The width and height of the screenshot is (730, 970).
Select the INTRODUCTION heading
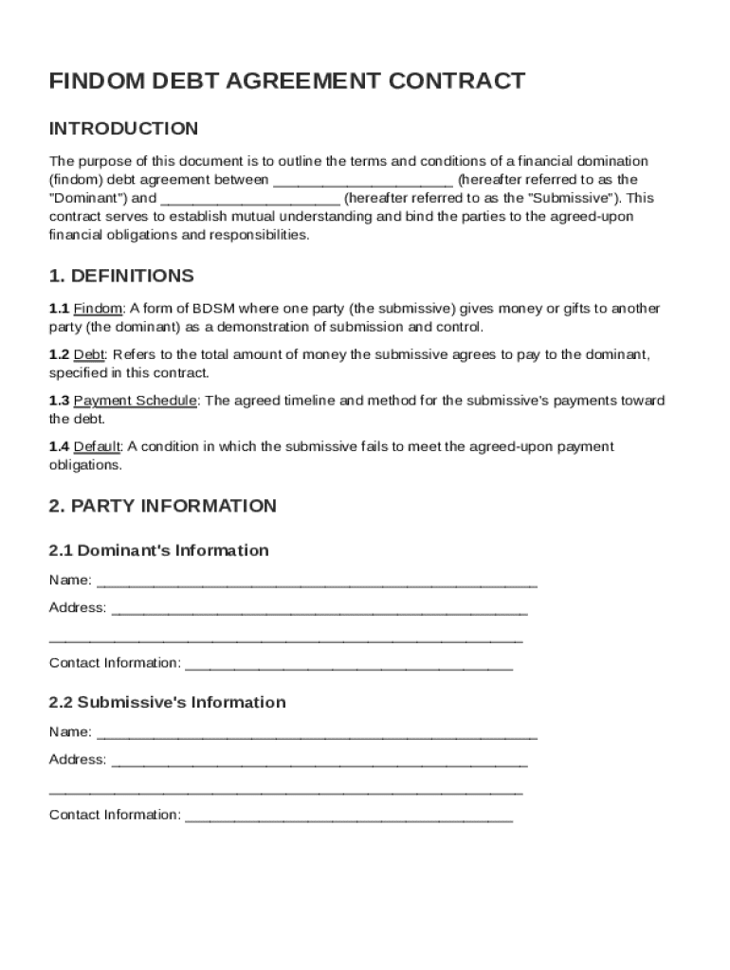[x=123, y=129]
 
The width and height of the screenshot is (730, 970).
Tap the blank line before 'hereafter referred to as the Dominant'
[x=363, y=180]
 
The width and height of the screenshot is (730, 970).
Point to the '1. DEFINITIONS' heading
[x=121, y=277]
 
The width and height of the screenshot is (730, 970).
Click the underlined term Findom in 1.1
[x=98, y=309]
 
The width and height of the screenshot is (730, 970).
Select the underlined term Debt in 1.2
[x=90, y=355]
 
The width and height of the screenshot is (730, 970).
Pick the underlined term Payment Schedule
[x=135, y=401]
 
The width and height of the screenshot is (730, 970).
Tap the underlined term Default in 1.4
[x=97, y=447]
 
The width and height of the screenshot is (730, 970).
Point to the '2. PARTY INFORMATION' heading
[x=162, y=506]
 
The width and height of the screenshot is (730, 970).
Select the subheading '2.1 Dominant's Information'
[x=158, y=550]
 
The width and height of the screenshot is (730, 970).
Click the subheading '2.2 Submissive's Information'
[x=167, y=702]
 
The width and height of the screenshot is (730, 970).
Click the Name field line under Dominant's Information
[x=317, y=582]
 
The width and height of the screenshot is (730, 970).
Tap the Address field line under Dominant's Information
[x=319, y=609]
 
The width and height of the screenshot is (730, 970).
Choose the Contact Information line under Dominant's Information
[x=348, y=664]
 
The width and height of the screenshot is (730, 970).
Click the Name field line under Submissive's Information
[x=317, y=733]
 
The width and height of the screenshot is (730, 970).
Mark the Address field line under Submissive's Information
[x=319, y=761]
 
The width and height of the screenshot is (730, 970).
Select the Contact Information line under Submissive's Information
[x=348, y=816]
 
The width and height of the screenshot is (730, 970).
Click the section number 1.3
[x=59, y=401]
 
